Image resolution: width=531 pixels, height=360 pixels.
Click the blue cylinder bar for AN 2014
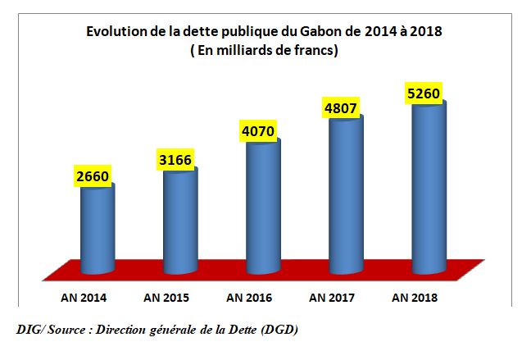click(x=97, y=230)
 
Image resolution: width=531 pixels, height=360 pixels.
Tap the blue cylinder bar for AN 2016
click(x=263, y=205)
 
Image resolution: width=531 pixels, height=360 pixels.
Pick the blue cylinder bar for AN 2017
click(x=346, y=193)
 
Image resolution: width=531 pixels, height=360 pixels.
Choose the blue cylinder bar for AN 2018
click(x=429, y=185)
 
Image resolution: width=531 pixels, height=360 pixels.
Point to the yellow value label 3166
click(x=173, y=158)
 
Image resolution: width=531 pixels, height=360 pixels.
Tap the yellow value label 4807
click(x=341, y=107)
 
